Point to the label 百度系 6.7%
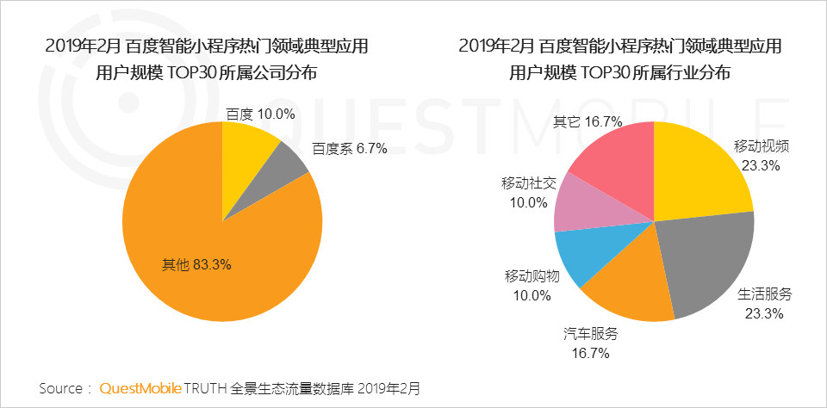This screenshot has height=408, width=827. pyautogui.click(x=350, y=148)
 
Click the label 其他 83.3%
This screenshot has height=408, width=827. pyautogui.click(x=197, y=265)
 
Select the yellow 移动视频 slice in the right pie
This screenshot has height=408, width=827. pyautogui.click(x=698, y=172)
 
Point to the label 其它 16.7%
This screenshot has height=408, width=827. pyautogui.click(x=588, y=121)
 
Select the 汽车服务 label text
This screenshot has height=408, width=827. pyautogui.click(x=591, y=335)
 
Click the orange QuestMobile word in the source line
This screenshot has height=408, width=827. pyautogui.click(x=140, y=388)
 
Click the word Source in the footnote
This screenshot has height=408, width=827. pyautogui.click(x=60, y=388)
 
